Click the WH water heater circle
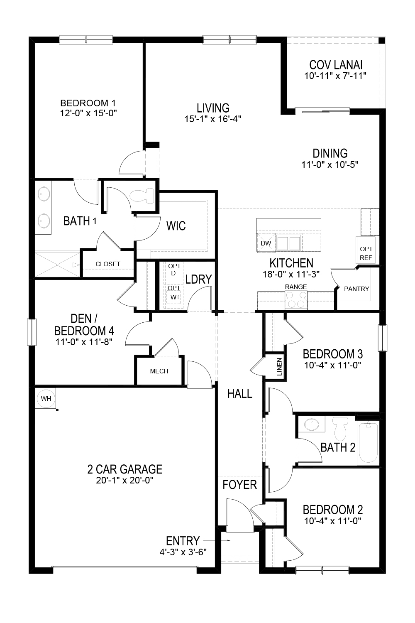pyautogui.click(x=46, y=399)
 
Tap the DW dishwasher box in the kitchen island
pyautogui.click(x=266, y=243)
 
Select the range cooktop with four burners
pyautogui.click(x=296, y=299)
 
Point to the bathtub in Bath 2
pyautogui.click(x=368, y=443)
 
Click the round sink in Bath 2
pyautogui.click(x=309, y=424)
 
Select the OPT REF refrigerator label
pyautogui.click(x=366, y=253)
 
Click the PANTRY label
pyautogui.click(x=356, y=289)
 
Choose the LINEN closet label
pyautogui.click(x=279, y=366)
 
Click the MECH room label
pyautogui.click(x=159, y=371)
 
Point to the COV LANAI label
pyautogui.click(x=336, y=65)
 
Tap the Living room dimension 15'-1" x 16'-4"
pyautogui.click(x=213, y=119)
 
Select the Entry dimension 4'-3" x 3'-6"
pyautogui.click(x=183, y=552)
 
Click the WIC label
pyautogui.click(x=176, y=226)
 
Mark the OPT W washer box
pyautogui.click(x=174, y=292)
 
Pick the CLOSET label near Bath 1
pyautogui.click(x=108, y=264)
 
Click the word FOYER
pyautogui.click(x=239, y=485)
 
